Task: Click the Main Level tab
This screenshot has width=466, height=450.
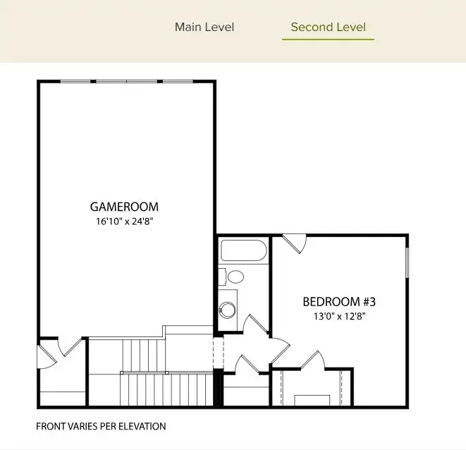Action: tap(204, 28)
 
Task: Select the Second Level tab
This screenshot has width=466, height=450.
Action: tap(328, 28)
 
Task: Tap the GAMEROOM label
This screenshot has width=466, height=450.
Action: tap(124, 207)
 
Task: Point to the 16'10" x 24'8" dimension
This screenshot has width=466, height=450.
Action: tap(124, 221)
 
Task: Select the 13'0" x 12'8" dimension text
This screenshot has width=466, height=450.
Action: tap(339, 316)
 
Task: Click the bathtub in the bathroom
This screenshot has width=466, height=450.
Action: tap(243, 251)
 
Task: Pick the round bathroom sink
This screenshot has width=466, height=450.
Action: tap(228, 308)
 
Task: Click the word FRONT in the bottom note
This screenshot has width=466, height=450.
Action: tap(50, 427)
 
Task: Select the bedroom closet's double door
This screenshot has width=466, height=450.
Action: tap(312, 360)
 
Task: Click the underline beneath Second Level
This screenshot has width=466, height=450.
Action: tap(328, 39)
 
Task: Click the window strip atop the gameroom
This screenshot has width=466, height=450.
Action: tap(127, 82)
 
